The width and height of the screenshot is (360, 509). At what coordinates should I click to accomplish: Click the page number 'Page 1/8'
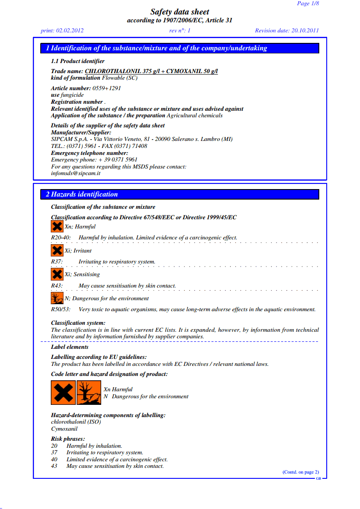(308, 4)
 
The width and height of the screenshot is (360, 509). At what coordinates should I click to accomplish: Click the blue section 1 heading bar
(180, 48)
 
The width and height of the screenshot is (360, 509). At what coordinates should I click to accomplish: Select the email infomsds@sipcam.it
(76, 173)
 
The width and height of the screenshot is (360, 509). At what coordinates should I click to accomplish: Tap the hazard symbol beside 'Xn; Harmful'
(57, 227)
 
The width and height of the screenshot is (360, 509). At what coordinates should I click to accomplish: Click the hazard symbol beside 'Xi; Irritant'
(57, 251)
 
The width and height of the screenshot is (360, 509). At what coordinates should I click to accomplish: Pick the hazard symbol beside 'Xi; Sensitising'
(57, 274)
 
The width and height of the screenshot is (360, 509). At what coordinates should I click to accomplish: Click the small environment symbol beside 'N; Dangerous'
(57, 298)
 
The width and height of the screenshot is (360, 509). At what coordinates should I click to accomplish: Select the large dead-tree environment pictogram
(89, 393)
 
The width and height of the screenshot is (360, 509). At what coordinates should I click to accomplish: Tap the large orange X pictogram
(63, 393)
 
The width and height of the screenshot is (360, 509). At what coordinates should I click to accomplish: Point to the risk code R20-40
(60, 238)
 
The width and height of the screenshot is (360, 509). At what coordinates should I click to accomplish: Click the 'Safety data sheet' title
(180, 12)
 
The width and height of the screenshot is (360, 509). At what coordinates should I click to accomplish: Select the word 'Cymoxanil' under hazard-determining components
(64, 429)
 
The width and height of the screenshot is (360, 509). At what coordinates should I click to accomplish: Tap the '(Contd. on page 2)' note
(300, 472)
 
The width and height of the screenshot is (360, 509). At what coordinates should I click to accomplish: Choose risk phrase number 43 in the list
(54, 466)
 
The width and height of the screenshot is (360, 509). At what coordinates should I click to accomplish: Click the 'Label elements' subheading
(70, 347)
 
